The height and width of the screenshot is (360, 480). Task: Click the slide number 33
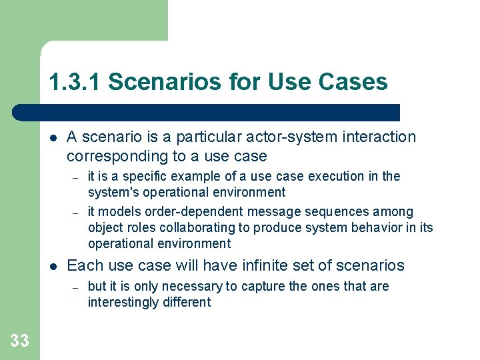pos(19,341)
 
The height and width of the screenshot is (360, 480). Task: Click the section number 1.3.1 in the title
pos(75,82)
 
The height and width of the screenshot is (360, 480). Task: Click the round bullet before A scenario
pos(53,138)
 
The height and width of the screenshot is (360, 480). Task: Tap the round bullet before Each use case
pos(53,266)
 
